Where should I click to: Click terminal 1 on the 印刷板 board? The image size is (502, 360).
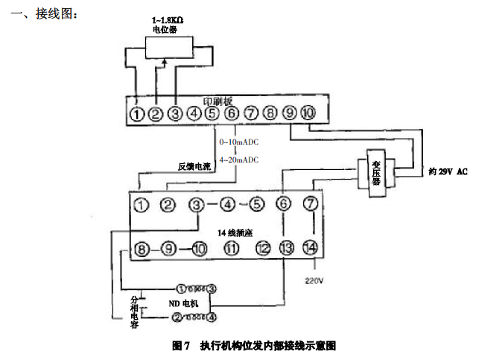pyautogui.click(x=136, y=114)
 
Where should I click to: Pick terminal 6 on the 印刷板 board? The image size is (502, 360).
pyautogui.click(x=232, y=114)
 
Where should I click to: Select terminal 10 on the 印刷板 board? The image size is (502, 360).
pyautogui.click(x=308, y=113)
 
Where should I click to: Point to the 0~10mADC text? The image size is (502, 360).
pyautogui.click(x=238, y=142)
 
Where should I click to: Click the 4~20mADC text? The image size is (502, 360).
pyautogui.click(x=238, y=160)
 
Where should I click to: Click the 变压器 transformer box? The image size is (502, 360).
pyautogui.click(x=376, y=174)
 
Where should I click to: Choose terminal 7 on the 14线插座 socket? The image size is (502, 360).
pyautogui.click(x=311, y=203)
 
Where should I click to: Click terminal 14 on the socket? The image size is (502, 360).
pyautogui.click(x=310, y=248)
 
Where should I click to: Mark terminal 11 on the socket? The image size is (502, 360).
pyautogui.click(x=232, y=248)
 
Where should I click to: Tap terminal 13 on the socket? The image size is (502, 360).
pyautogui.click(x=285, y=248)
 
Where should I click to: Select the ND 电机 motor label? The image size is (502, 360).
pyautogui.click(x=182, y=304)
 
